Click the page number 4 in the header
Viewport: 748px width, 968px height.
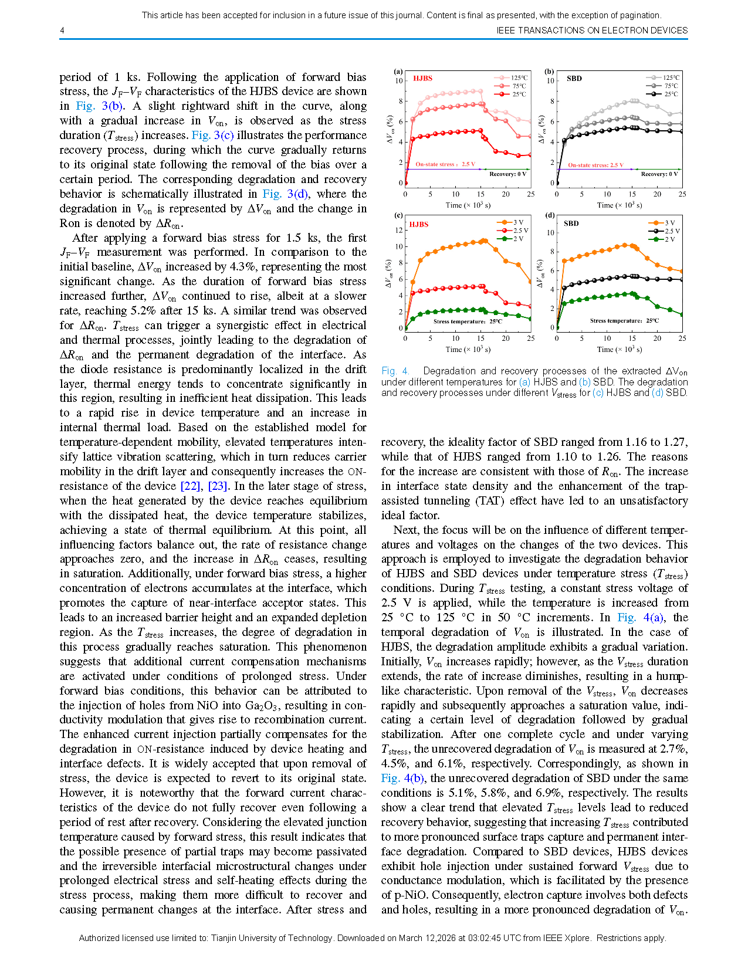[x=62, y=31]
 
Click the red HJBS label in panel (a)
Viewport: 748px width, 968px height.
[x=422, y=78]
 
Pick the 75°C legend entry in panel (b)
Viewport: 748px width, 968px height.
[x=671, y=86]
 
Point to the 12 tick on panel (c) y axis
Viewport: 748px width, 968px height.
[x=399, y=231]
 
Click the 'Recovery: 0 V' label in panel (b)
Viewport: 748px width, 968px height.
[x=659, y=174]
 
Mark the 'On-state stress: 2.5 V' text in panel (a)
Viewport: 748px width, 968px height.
[x=445, y=164]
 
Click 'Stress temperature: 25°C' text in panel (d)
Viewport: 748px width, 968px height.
[x=624, y=321]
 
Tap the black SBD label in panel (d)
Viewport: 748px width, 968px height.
[x=571, y=224]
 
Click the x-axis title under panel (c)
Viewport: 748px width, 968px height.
[x=468, y=350]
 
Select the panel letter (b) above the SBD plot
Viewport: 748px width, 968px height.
[x=549, y=72]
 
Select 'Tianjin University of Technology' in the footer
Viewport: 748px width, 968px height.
[x=272, y=938]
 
